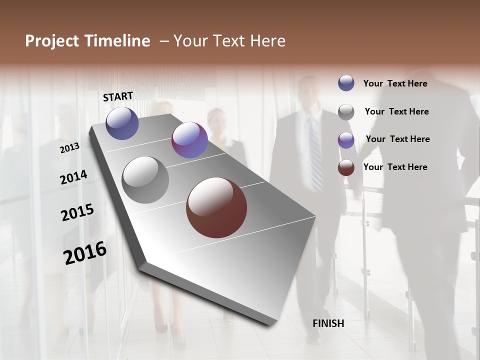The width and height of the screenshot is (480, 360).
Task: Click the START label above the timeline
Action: [x=118, y=96]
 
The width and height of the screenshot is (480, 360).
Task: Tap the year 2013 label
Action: [x=69, y=148]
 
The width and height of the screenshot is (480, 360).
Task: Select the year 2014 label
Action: [x=73, y=177]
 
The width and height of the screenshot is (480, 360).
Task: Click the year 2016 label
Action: [x=85, y=252]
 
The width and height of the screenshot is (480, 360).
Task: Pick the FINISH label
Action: [x=328, y=323]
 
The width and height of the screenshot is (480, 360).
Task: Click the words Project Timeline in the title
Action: [x=87, y=41]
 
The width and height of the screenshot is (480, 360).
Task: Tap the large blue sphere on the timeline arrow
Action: [x=122, y=123]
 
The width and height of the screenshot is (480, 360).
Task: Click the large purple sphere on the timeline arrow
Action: [x=189, y=140]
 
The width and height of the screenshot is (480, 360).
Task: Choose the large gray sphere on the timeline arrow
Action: [x=145, y=180]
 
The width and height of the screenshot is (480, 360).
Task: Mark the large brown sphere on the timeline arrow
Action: [x=216, y=207]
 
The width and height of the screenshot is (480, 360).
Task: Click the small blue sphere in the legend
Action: [x=346, y=83]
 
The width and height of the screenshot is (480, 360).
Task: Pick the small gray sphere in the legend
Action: [x=346, y=112]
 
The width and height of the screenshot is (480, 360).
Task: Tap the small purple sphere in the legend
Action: [x=346, y=140]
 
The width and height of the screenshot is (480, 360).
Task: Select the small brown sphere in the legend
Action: [x=346, y=167]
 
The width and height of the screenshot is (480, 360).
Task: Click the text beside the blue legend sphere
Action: [x=395, y=83]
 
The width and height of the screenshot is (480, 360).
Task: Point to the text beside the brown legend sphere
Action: [x=395, y=167]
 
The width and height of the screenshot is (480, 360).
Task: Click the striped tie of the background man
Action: [x=315, y=155]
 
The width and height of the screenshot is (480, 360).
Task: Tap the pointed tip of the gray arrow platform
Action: [x=272, y=322]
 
